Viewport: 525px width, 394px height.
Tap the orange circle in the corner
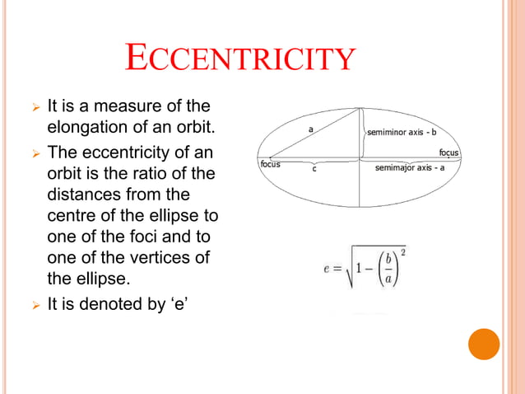coord(484,344)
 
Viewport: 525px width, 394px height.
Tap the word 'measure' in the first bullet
coord(126,106)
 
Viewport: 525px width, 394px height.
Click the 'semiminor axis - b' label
coord(401,131)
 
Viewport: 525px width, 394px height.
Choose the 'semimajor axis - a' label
coord(410,168)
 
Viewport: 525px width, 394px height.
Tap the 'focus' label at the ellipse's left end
coord(270,164)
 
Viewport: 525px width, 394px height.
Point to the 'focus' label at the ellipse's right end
coord(448,152)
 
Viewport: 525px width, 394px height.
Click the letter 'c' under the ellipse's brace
coord(314,170)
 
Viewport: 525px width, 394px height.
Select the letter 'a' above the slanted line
coord(311,129)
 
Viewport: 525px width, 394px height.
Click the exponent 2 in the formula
coord(403,251)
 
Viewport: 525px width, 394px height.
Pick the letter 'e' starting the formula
coord(327,270)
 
